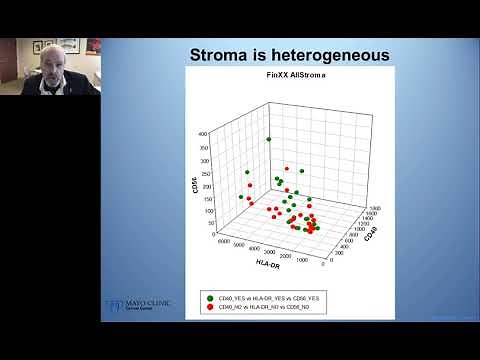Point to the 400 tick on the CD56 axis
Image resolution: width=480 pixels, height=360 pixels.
pyautogui.click(x=202, y=134)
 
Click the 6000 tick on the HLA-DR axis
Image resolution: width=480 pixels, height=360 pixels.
pyautogui.click(x=224, y=241)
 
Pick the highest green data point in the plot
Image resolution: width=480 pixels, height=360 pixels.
pyautogui.click(x=268, y=139)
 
